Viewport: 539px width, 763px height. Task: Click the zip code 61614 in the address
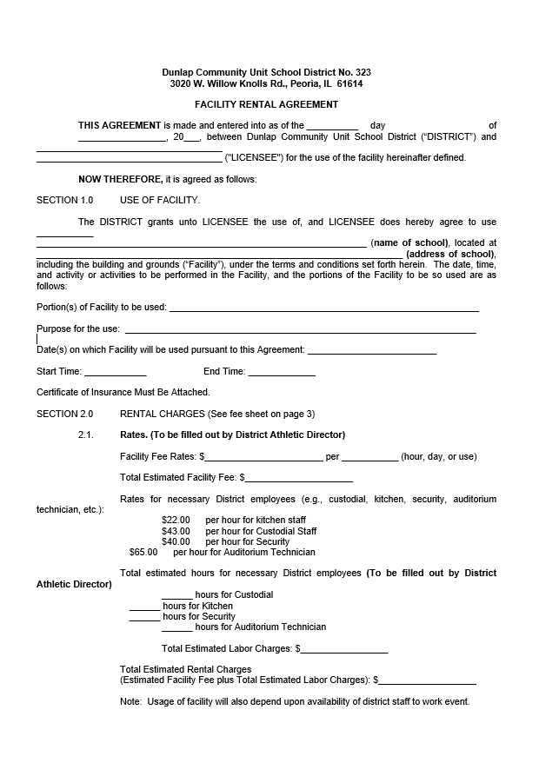tap(349, 84)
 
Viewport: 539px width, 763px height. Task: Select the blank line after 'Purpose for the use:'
tap(301, 329)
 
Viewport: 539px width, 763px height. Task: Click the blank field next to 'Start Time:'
tap(115, 372)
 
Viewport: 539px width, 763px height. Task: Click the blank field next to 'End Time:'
tap(282, 372)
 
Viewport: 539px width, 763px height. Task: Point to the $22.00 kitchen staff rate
tap(176, 520)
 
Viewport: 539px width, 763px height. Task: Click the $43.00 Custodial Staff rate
tap(176, 531)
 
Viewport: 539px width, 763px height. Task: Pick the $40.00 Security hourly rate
tap(176, 541)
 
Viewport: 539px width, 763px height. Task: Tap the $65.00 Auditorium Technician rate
tap(143, 552)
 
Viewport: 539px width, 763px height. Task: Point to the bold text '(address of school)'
tap(450, 254)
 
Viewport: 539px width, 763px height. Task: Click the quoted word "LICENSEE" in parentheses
tap(252, 157)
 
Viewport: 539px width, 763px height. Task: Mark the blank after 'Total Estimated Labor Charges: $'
tap(344, 649)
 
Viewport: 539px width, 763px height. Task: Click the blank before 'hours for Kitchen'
tap(144, 606)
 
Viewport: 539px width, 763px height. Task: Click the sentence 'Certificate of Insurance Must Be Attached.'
tap(123, 393)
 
